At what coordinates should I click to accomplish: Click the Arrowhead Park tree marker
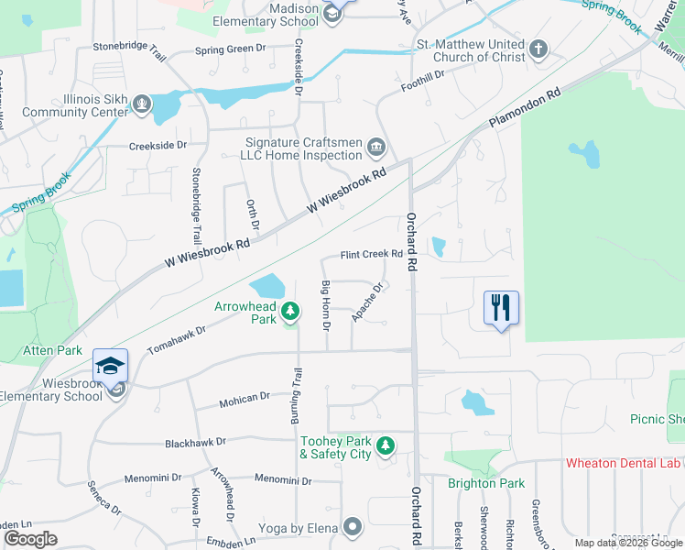point(290,313)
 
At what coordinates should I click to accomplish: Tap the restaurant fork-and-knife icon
point(501,307)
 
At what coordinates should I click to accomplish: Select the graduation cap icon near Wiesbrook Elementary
point(110,367)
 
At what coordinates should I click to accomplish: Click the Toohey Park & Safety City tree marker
point(386,445)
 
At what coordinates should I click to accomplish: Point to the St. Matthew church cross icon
point(540,49)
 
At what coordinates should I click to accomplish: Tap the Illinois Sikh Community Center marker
point(141,106)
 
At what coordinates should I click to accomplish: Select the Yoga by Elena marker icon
point(353,526)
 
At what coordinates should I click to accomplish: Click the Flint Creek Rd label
point(372,254)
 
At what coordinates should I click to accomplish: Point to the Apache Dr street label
point(366,302)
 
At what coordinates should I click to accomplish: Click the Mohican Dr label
point(245,398)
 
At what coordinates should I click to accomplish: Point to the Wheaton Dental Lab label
point(625,464)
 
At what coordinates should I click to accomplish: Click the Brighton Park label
point(485,483)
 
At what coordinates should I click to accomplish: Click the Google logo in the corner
point(30,539)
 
